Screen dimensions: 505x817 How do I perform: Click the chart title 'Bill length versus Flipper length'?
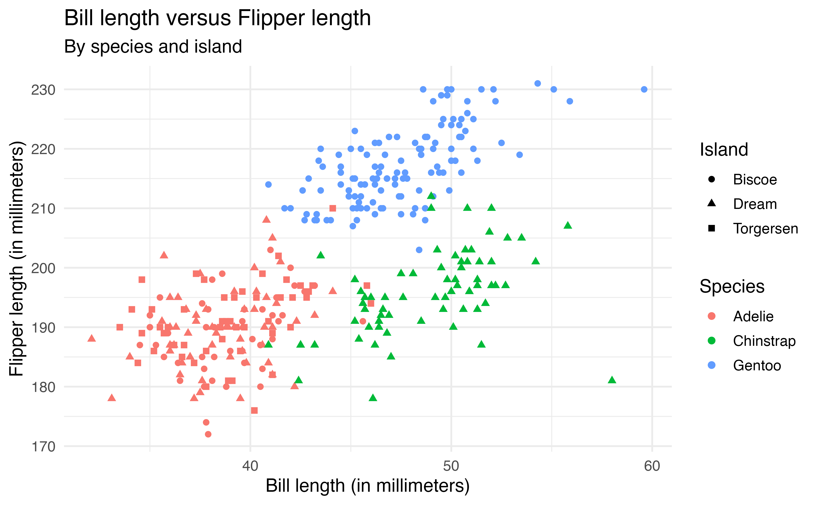tap(217, 18)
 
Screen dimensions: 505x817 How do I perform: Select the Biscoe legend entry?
tap(755, 180)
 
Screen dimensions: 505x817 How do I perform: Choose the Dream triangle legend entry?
tap(755, 204)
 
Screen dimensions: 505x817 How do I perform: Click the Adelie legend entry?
tap(753, 316)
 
